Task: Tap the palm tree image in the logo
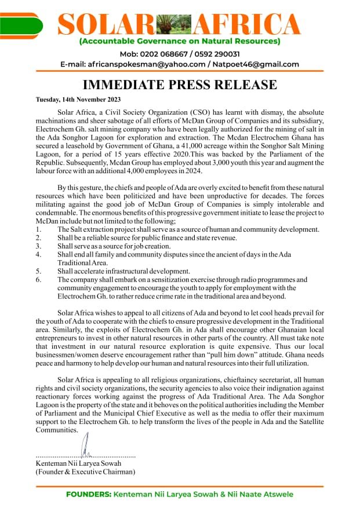(176, 24)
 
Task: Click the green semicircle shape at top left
(21, 24)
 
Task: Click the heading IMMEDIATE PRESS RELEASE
(179, 85)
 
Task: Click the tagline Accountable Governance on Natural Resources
(180, 41)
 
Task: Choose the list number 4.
(38, 254)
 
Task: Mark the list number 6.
(38, 279)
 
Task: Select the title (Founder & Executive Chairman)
(85, 472)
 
